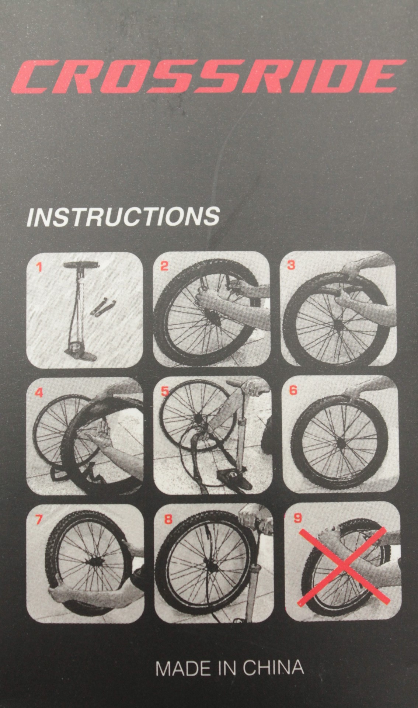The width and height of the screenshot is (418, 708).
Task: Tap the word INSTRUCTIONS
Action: coord(123,216)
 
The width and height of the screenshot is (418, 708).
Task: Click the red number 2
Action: coord(164,266)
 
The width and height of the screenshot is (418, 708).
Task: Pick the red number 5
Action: coord(165,392)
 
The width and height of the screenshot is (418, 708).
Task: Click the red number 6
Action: coord(293,391)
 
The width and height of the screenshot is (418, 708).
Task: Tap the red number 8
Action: coord(168,519)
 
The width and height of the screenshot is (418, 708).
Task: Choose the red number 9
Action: coord(297,518)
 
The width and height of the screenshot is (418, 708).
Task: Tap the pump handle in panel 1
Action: coord(81,265)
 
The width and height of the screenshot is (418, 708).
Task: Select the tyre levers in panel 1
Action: coord(103,307)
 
